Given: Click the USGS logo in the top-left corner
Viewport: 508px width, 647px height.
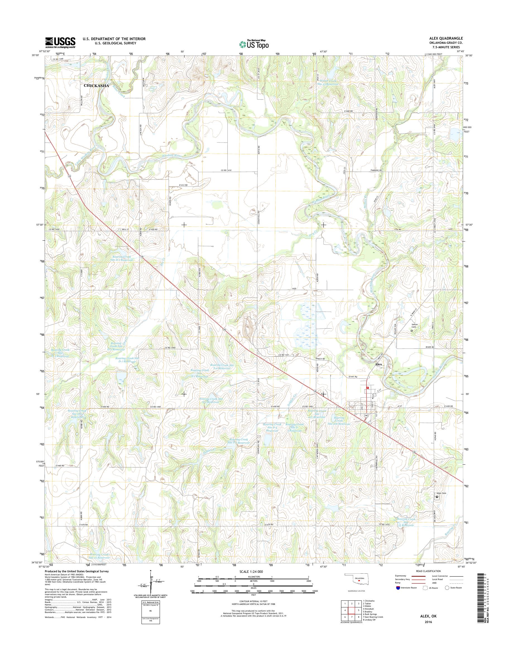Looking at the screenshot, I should pos(60,42).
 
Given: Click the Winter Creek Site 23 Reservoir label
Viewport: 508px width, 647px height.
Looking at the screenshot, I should pos(328,82).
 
